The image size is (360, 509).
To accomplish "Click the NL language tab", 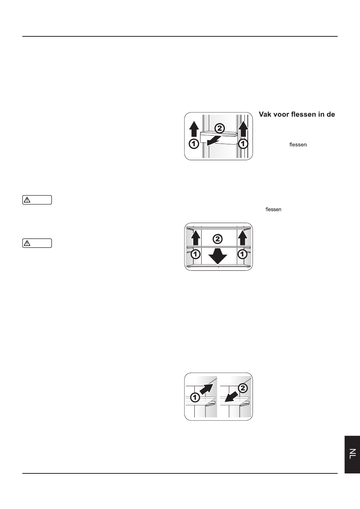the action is click(352, 454).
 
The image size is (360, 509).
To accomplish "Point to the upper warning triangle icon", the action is click(27, 200).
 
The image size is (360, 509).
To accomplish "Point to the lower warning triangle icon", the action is click(27, 243).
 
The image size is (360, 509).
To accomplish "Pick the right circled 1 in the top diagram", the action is click(243, 144).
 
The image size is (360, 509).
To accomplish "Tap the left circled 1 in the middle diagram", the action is click(196, 254).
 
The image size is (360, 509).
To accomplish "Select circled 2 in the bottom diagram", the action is click(243, 388).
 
